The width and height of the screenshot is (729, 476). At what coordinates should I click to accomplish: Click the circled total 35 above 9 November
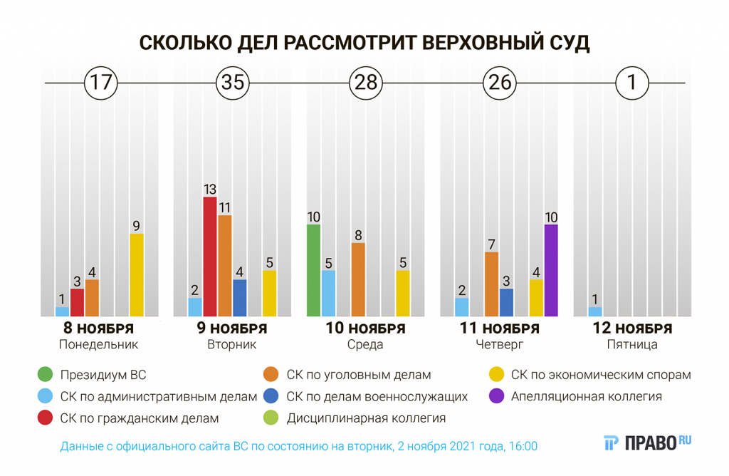tap(233, 83)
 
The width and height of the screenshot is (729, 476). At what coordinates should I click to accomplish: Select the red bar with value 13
tap(210, 257)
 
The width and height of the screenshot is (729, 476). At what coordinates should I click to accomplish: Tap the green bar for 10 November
tap(313, 270)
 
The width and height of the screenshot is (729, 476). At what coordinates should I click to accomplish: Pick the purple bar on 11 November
tap(551, 270)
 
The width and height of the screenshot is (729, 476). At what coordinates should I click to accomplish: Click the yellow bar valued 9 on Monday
tap(137, 275)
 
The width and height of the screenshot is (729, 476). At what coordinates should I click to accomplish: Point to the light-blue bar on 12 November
tap(595, 311)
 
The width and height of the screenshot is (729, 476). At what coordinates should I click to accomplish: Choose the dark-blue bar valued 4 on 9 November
tap(240, 298)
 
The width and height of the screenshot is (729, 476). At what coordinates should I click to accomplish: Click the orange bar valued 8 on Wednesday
tap(358, 279)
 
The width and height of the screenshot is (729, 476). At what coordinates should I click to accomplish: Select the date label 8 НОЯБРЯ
tap(99, 328)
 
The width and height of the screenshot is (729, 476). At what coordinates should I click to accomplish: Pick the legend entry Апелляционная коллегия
tap(586, 397)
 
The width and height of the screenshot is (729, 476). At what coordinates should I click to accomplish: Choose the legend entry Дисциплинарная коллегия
tap(366, 419)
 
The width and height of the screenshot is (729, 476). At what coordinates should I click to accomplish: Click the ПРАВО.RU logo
tap(648, 443)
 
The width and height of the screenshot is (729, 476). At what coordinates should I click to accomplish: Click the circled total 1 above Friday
tap(631, 83)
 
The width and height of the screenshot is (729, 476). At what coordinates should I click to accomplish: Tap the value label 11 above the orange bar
tap(225, 207)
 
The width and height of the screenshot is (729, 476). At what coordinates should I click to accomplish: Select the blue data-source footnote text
tap(299, 447)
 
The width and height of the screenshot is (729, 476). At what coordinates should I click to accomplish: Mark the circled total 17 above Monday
tap(100, 83)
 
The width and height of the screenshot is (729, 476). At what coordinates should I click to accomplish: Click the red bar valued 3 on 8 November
tap(77, 302)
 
